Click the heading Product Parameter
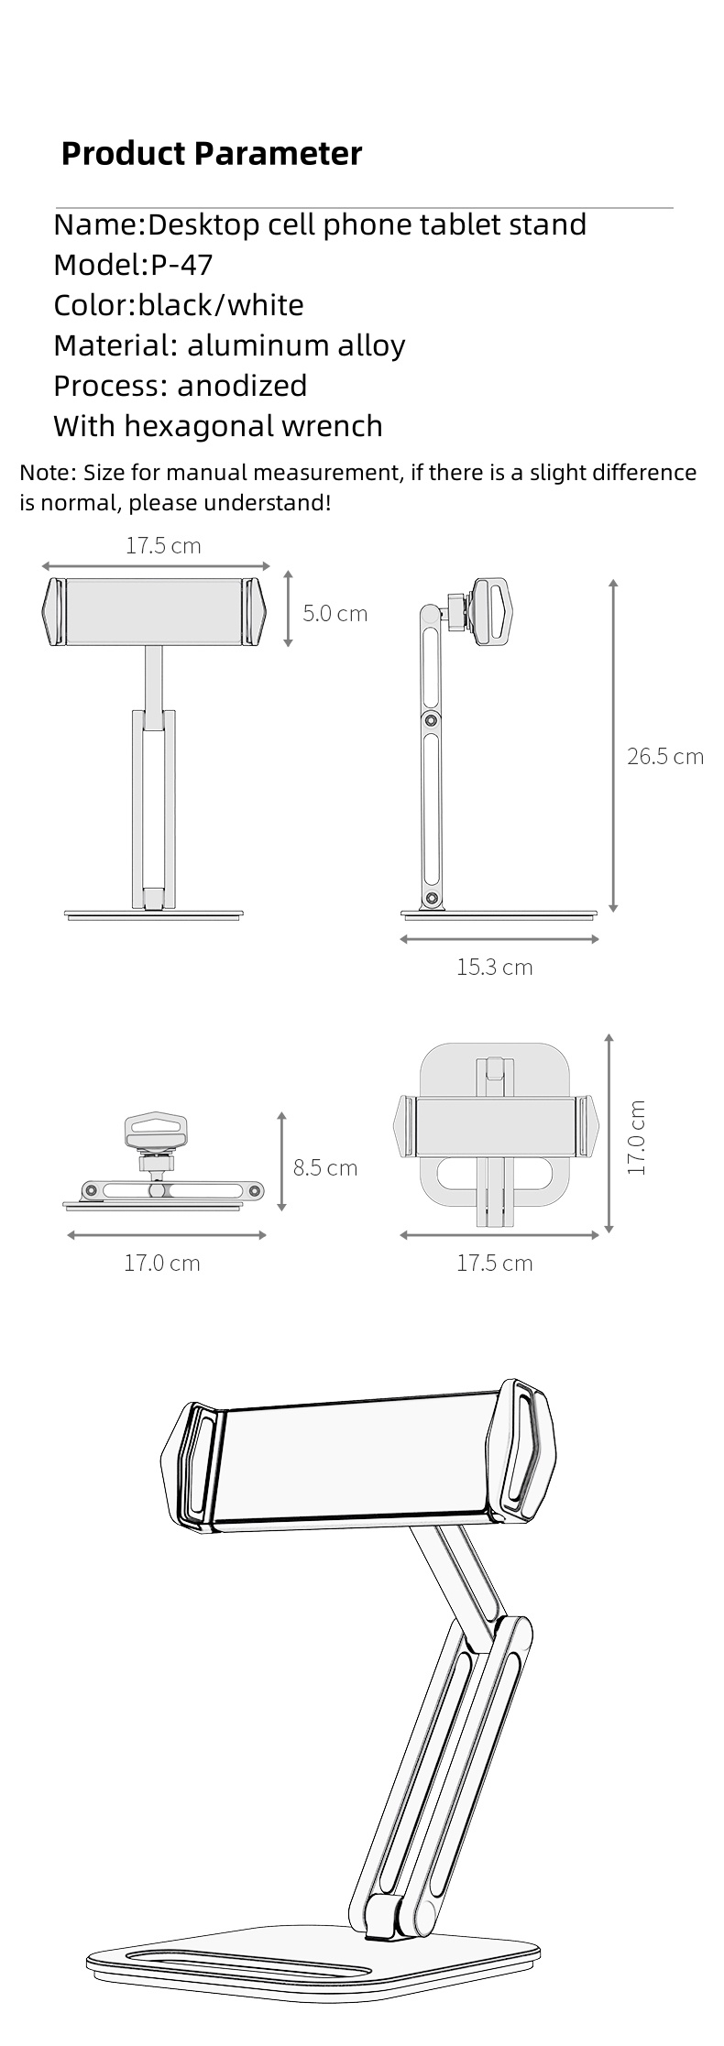211,153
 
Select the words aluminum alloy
296,345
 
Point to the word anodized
242,386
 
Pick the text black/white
221,305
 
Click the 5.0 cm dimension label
335,614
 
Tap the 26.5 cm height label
664,756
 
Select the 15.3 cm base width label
494,967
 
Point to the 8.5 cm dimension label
324,1167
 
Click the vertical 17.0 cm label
637,1137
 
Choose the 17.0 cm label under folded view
161,1263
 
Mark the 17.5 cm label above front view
162,546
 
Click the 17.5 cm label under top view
494,1263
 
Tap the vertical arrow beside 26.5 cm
613,746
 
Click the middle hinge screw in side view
428,720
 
